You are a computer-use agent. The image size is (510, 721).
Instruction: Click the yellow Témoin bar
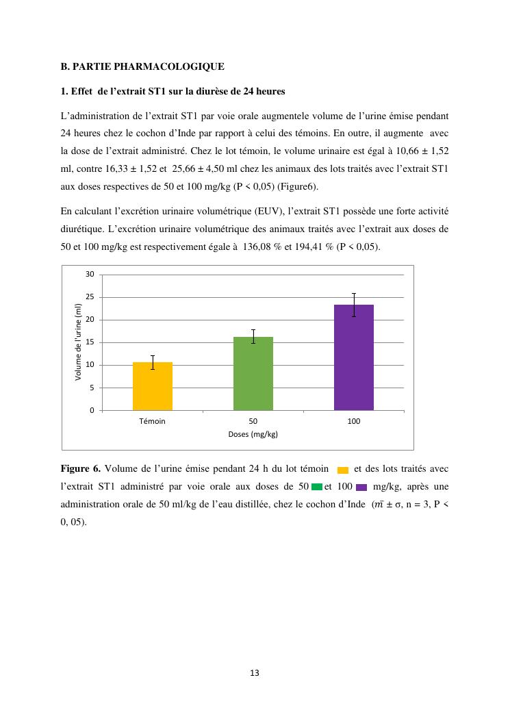[x=152, y=386]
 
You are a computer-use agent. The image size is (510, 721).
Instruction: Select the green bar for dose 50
[x=253, y=373]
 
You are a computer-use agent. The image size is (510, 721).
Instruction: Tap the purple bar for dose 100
[x=354, y=357]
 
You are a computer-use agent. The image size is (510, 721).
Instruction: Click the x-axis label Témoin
[x=152, y=422]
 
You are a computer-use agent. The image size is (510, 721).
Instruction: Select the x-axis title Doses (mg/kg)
[x=253, y=435]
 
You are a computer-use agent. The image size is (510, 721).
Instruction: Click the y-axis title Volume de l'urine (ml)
[x=79, y=342]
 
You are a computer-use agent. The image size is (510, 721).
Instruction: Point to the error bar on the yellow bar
[x=152, y=362]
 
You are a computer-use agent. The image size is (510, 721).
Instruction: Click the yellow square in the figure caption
[x=343, y=470]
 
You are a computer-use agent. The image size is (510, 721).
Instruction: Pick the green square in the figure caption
[x=316, y=487]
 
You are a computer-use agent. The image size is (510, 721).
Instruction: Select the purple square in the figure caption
[x=361, y=488]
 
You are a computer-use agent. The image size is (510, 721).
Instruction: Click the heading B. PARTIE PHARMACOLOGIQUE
[x=142, y=66]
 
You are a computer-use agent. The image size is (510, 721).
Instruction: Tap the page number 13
[x=255, y=673]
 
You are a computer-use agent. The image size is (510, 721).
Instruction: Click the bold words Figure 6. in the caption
[x=81, y=469]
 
